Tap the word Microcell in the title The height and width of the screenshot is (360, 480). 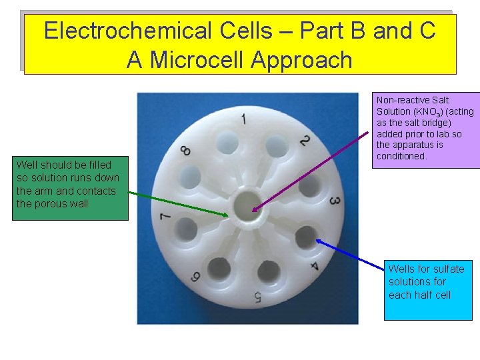(198, 60)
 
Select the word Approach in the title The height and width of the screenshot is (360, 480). (302, 60)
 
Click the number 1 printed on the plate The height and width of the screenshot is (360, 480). (243, 120)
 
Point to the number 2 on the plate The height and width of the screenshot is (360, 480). (304, 141)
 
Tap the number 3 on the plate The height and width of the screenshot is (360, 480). (335, 201)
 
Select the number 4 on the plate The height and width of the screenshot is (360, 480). (314, 267)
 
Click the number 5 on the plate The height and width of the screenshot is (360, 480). (257, 297)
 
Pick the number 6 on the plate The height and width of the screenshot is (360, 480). (197, 275)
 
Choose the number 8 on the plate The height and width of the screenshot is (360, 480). (186, 151)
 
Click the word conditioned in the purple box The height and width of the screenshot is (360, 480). (402, 156)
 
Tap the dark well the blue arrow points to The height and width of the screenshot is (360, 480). (305, 235)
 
